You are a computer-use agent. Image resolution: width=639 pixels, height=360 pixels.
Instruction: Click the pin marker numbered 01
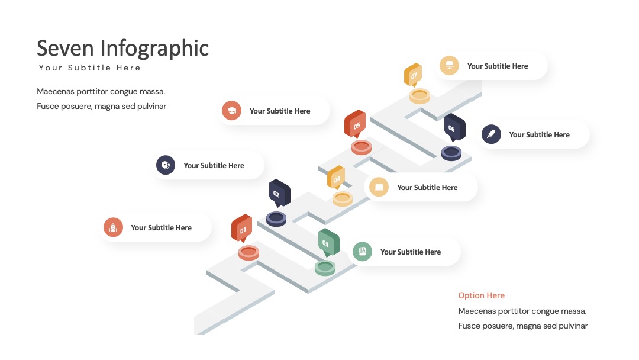click(241, 228)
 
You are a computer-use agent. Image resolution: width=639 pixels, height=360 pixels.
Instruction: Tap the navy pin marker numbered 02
click(279, 193)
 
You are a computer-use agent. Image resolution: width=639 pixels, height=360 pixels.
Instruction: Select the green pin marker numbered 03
click(329, 243)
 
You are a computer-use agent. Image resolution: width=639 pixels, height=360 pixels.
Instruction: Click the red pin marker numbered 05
click(355, 124)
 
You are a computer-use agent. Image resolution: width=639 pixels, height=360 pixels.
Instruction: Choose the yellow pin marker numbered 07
click(413, 75)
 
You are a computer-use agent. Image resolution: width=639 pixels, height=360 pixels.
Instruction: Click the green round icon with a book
click(362, 252)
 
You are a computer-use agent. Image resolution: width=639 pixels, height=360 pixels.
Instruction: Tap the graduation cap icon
click(231, 111)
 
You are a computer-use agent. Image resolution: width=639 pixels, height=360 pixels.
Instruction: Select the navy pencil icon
click(491, 134)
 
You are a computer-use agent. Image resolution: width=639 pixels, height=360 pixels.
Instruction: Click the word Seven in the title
click(65, 48)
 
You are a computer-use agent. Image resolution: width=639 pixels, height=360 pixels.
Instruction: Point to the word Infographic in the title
click(154, 49)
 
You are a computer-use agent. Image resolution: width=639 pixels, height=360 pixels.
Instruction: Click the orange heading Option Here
click(481, 295)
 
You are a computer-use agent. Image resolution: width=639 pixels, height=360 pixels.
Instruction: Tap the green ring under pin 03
click(325, 268)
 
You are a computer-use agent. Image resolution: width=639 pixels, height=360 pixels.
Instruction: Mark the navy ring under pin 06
click(451, 153)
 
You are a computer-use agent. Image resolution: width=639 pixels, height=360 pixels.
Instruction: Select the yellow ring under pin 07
click(419, 97)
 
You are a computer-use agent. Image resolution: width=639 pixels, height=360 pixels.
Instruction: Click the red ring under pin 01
click(248, 253)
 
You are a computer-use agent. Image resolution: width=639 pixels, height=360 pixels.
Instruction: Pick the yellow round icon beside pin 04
click(379, 187)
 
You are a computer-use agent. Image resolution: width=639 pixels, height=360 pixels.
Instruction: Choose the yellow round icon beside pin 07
click(450, 65)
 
